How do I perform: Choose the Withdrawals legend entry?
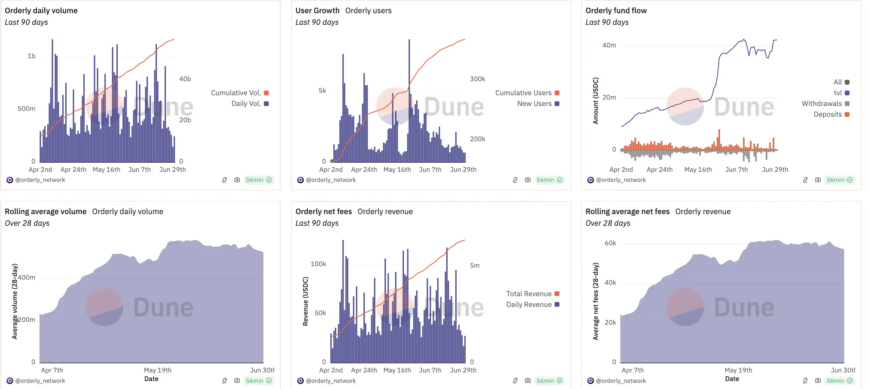coord(825,104)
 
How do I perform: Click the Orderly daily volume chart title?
coord(41,10)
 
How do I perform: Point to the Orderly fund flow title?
coord(616,10)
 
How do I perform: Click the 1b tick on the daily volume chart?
coord(31,56)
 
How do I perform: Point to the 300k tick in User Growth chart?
coord(477,79)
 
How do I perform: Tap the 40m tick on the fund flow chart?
coord(609,45)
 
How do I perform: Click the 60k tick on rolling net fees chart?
coord(610,243)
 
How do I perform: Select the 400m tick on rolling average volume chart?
coord(27,278)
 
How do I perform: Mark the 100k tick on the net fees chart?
coord(318,264)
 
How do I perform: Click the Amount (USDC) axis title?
coord(596,101)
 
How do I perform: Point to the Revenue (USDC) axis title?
coord(305,301)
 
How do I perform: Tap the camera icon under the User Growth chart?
coord(528,180)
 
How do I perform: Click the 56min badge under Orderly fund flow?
coord(839,180)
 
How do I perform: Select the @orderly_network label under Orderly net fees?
coord(331,380)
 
